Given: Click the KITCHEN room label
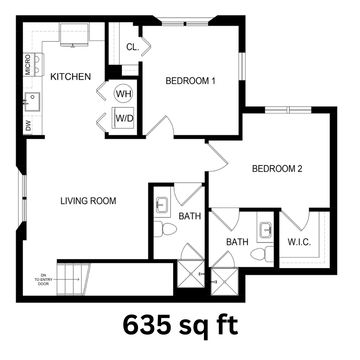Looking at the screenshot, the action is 70,77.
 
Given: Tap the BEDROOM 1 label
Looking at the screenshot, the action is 190,81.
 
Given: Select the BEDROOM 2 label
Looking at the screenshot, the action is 277,169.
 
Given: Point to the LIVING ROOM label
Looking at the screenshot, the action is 88,201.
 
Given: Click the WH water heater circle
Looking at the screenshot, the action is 124,94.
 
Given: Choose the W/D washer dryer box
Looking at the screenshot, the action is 123,118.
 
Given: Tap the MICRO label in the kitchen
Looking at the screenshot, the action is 28,65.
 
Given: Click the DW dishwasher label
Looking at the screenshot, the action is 28,126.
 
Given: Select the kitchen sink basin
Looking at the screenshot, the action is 32,102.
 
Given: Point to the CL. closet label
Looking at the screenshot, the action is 133,47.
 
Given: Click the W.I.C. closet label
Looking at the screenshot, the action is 299,242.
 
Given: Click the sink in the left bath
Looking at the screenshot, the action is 162,205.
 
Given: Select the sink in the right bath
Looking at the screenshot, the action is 266,230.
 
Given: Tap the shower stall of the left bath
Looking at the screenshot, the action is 191,274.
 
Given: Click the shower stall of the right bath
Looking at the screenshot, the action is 225,281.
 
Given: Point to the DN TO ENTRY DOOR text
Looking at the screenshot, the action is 43,280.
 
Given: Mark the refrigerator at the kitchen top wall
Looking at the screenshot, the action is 74,34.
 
